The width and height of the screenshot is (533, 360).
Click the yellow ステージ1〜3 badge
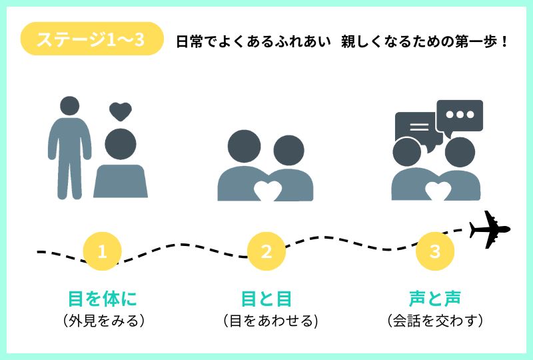tap(92, 39)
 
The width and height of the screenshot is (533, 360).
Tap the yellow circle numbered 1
tap(102, 251)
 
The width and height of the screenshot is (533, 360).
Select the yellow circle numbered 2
tap(266, 251)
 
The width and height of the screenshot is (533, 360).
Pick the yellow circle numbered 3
tap(435, 251)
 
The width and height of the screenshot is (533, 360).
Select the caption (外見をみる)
tap(102, 321)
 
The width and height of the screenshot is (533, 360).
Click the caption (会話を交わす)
tap(435, 321)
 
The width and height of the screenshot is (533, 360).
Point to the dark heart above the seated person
tap(121, 111)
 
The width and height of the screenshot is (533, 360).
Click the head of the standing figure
tap(69, 106)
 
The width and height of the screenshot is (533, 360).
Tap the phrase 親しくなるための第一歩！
tap(424, 41)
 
